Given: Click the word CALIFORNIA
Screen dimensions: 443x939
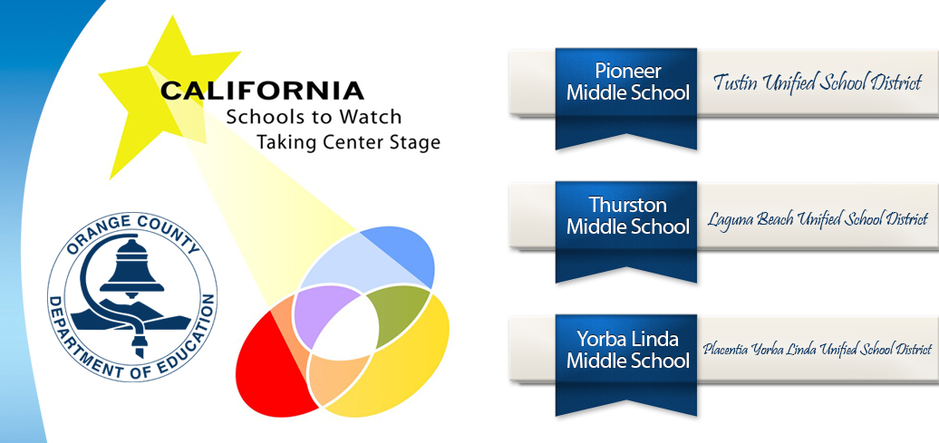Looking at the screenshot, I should (262, 91).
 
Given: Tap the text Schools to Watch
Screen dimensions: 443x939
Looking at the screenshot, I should (314, 118).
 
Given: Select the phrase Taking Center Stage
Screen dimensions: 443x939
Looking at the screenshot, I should (348, 142).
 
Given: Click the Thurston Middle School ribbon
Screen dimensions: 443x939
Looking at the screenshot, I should (627, 226).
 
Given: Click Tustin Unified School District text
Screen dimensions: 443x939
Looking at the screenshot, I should (817, 83).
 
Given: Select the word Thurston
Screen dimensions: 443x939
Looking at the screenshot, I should (627, 205).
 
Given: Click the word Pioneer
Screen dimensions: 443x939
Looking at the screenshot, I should (627, 71).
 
